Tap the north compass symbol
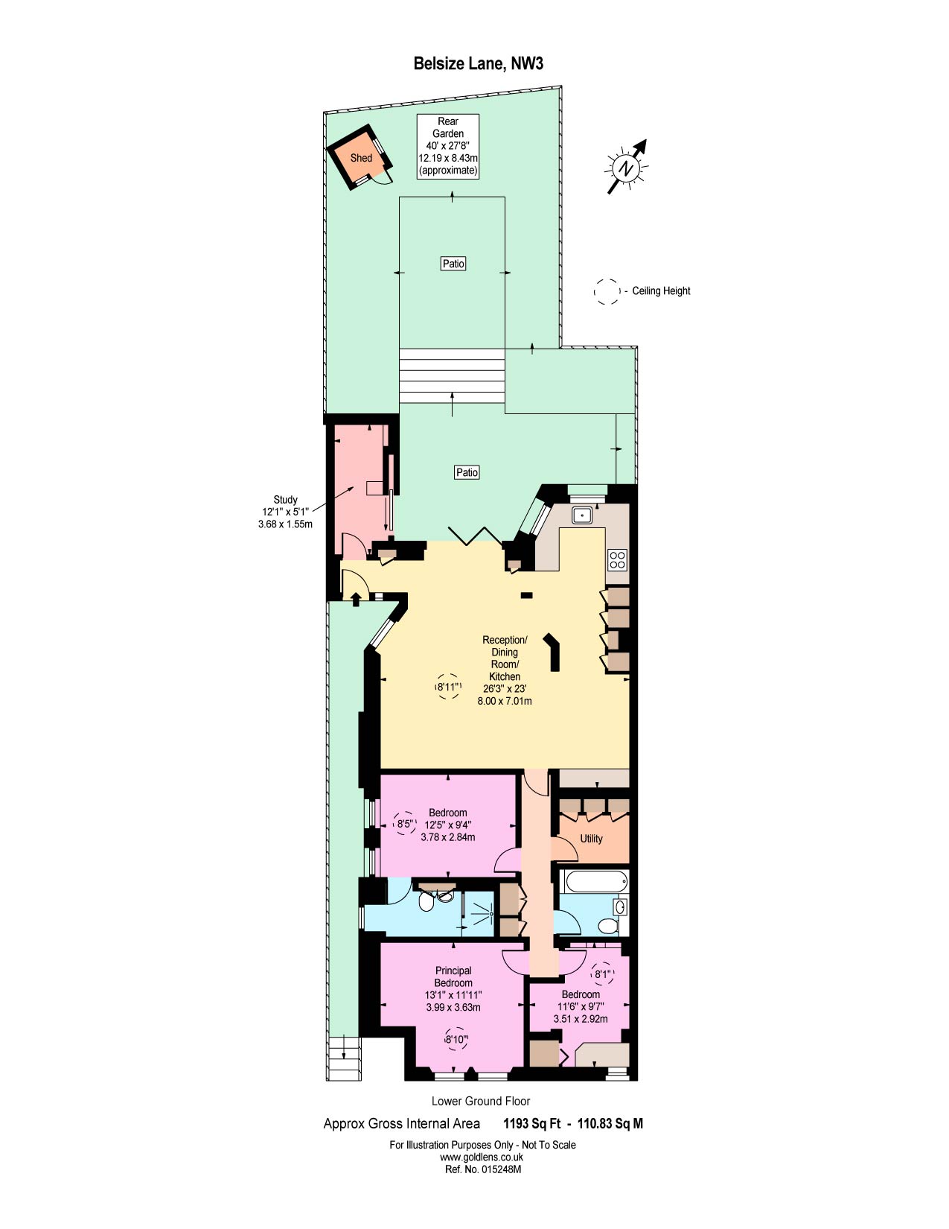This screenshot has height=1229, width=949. pyautogui.click(x=627, y=168)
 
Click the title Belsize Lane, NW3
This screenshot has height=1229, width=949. pyautogui.click(x=478, y=64)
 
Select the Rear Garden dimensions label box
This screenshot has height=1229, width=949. pyautogui.click(x=448, y=146)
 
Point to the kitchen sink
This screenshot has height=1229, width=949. pyautogui.click(x=582, y=515)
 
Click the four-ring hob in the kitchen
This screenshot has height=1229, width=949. pyautogui.click(x=617, y=559)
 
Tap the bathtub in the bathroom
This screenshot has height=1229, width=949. pyautogui.click(x=596, y=883)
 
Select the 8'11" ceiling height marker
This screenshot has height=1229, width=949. pyautogui.click(x=447, y=687)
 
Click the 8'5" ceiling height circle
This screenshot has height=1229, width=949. pyautogui.click(x=405, y=824)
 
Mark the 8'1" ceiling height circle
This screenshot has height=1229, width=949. pyautogui.click(x=601, y=974)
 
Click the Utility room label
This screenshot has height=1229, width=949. pyautogui.click(x=591, y=839)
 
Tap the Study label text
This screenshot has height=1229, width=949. pyautogui.click(x=285, y=500)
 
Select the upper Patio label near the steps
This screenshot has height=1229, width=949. pyautogui.click(x=453, y=264)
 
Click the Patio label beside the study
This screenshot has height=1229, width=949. pyautogui.click(x=467, y=472)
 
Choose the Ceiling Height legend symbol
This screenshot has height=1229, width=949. pyautogui.click(x=607, y=291)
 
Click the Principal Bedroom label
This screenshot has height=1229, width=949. pyautogui.click(x=453, y=976)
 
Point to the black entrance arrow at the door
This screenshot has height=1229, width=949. pyautogui.click(x=356, y=597)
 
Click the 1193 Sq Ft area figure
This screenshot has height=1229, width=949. pyautogui.click(x=531, y=1123)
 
